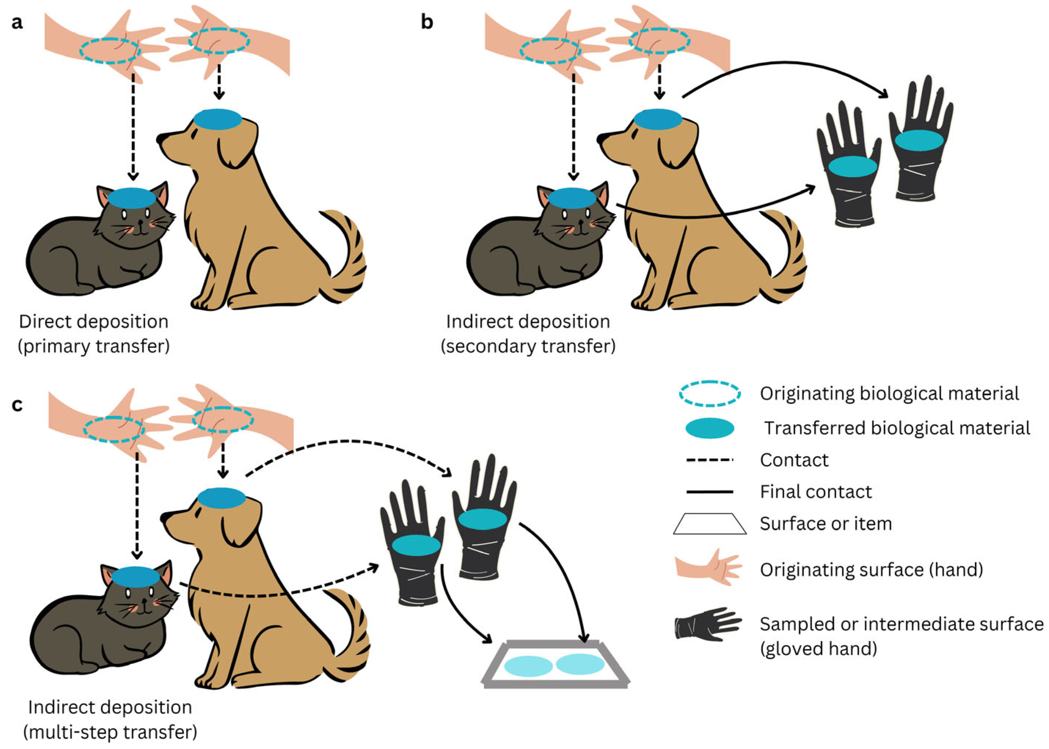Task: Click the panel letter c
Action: pos(17,405)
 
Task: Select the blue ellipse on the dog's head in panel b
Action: pos(658,119)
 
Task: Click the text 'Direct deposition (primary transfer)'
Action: pos(94,334)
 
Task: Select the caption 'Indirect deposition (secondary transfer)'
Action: pos(528,334)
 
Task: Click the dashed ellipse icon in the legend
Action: pos(710,394)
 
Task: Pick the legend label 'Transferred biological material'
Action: pos(897,428)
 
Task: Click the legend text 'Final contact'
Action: pos(816,492)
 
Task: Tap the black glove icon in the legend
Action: pos(708,624)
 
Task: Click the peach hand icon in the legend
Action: pos(708,567)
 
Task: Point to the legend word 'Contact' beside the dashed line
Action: pos(794,460)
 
